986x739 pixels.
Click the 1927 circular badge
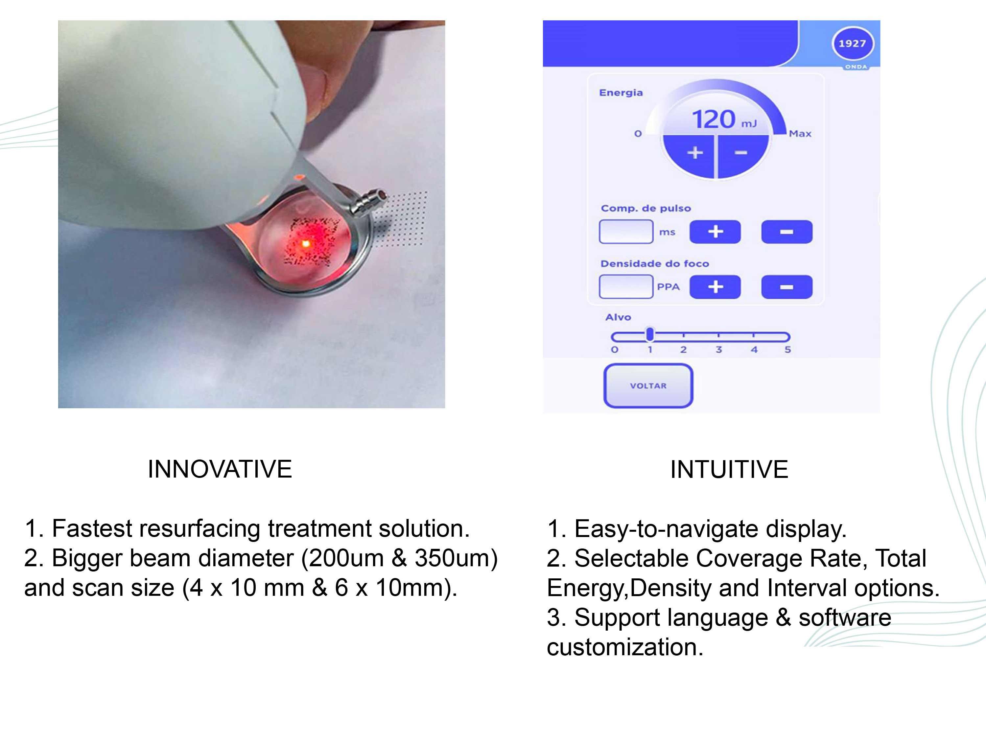coord(853,44)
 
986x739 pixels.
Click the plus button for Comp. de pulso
coord(715,232)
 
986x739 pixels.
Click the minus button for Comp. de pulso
coord(787,232)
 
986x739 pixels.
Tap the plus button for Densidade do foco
coord(715,287)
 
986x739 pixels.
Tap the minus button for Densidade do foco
coord(787,287)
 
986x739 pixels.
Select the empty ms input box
coord(626,232)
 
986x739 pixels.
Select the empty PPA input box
coord(626,286)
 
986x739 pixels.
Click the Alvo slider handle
coord(650,335)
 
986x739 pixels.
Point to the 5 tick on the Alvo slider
coord(787,350)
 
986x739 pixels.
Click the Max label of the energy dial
coord(800,134)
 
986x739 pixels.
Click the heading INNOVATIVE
coord(220,469)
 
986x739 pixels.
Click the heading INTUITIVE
coord(729,469)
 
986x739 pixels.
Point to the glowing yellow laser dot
coord(306,244)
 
